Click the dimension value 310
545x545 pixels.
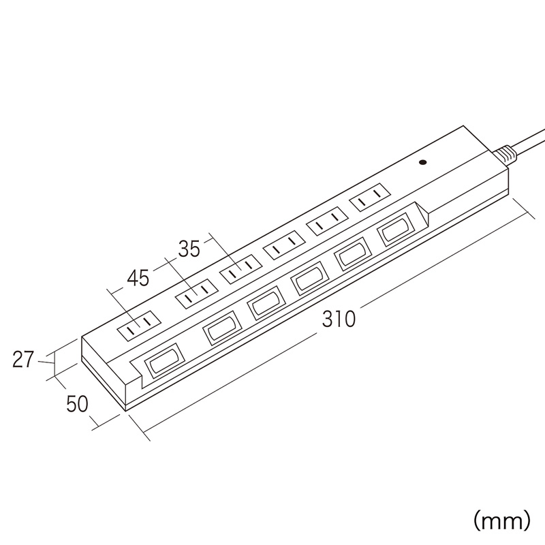pyautogui.click(x=339, y=319)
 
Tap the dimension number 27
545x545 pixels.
pyautogui.click(x=23, y=360)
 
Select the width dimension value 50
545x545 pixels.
pyautogui.click(x=77, y=404)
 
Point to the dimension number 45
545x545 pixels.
pyautogui.click(x=138, y=277)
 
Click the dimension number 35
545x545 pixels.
pyautogui.click(x=189, y=248)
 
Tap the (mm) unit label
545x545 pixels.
pyautogui.click(x=502, y=520)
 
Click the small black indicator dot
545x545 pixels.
pyautogui.click(x=423, y=162)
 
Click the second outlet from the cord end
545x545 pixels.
pyautogui.click(x=327, y=221)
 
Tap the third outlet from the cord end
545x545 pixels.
pyautogui.click(x=284, y=245)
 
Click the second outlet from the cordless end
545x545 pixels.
pyautogui.click(x=197, y=293)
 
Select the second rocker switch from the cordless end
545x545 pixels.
pyautogui.click(x=221, y=328)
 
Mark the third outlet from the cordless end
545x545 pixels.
pyautogui.click(x=240, y=268)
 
